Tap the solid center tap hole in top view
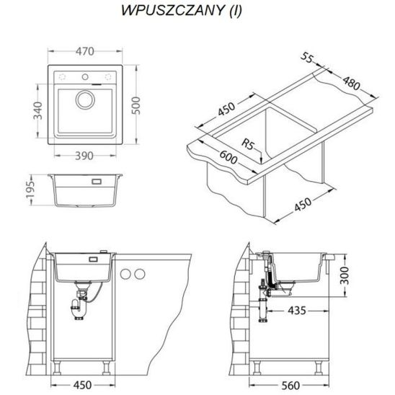tap(85, 76)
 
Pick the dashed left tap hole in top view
tap(62, 76)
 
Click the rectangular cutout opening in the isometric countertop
tap(285, 133)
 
